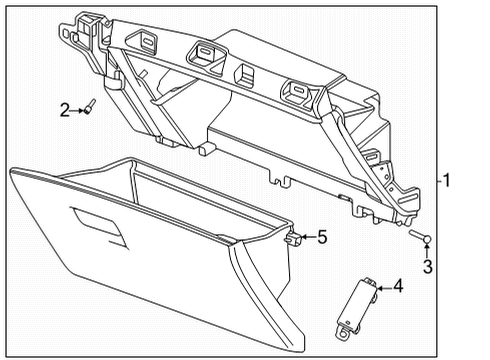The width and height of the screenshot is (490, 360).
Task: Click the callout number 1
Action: pyautogui.click(x=448, y=181)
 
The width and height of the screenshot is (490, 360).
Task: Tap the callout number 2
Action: pyautogui.click(x=64, y=110)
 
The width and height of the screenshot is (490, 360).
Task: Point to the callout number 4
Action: pyautogui.click(x=398, y=287)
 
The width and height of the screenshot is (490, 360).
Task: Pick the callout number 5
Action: pyautogui.click(x=322, y=237)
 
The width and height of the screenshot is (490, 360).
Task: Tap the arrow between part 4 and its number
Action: pyautogui.click(x=383, y=288)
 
